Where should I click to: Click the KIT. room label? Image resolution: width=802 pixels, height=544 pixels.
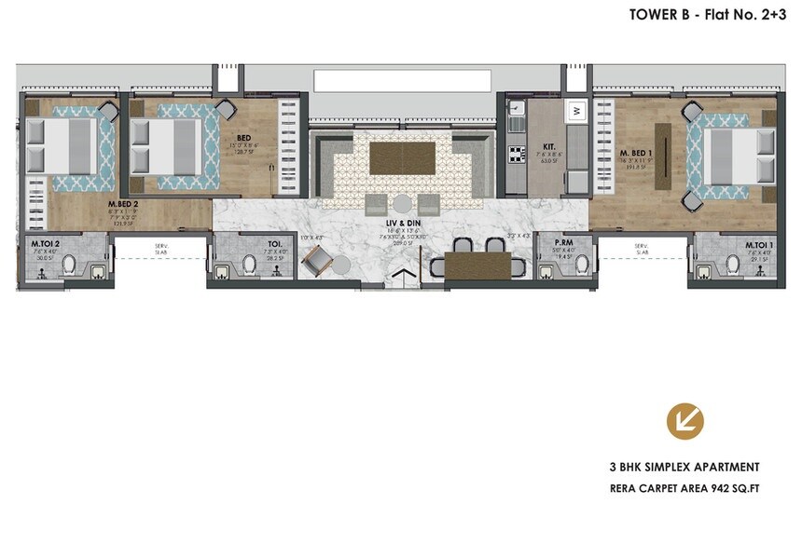point(549,147)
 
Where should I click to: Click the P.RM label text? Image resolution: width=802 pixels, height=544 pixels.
point(562,241)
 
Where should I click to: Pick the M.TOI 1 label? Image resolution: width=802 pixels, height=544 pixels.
point(757,246)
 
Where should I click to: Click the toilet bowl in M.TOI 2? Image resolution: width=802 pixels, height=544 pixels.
point(67,268)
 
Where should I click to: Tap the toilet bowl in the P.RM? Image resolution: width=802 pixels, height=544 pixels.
point(580,266)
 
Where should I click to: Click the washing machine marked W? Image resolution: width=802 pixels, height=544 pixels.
point(576,111)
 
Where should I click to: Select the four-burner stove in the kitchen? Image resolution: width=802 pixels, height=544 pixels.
point(514,154)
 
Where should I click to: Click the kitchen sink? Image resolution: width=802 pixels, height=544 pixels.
point(514,116)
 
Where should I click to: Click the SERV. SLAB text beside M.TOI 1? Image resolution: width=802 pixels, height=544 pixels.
point(642,249)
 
